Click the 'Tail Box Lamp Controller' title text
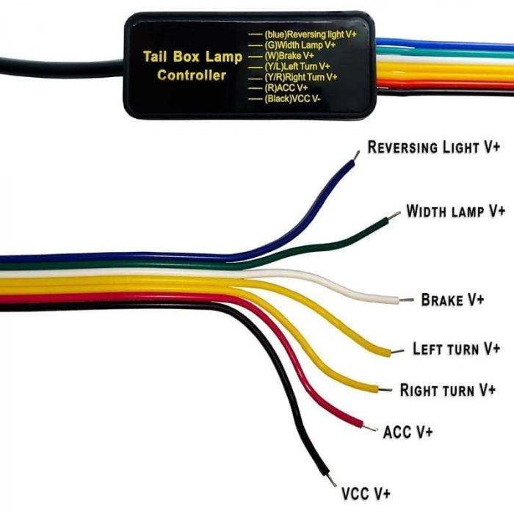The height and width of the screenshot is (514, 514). [x=192, y=65]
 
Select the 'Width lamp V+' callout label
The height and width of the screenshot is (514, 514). [x=456, y=211]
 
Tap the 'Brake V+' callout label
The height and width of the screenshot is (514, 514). [x=452, y=300]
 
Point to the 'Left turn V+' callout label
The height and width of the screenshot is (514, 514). [x=456, y=348]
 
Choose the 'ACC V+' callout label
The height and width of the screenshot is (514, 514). [x=408, y=431]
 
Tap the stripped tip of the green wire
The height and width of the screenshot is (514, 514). [x=395, y=215]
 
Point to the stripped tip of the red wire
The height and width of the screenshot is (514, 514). [x=371, y=428]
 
